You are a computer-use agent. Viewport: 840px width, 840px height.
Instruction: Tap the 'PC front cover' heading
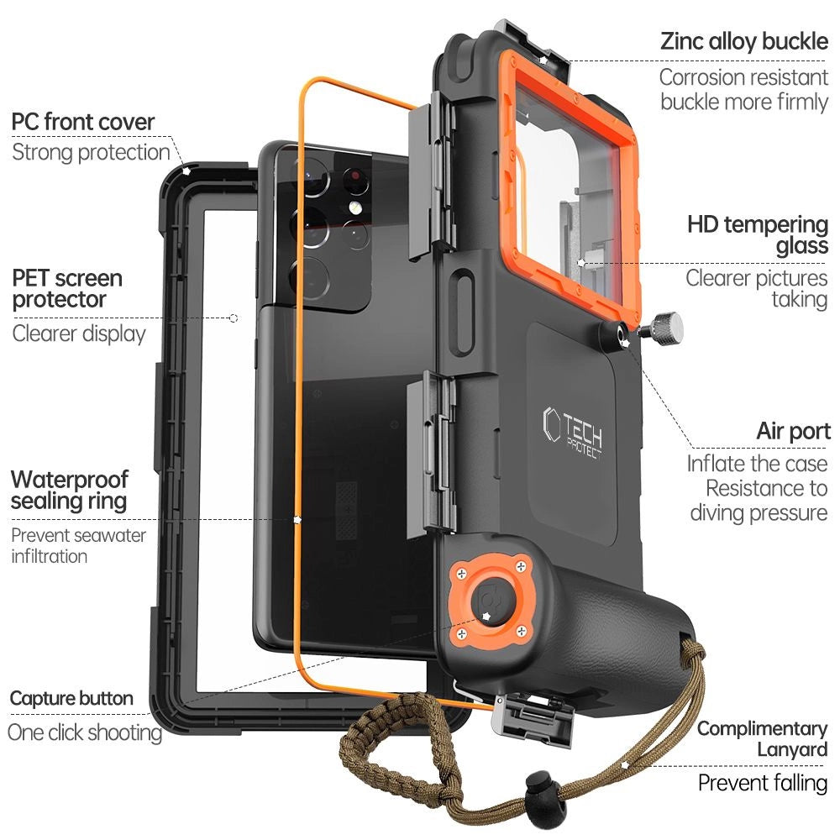(83, 122)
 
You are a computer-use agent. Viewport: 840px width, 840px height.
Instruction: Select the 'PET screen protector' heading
(67, 288)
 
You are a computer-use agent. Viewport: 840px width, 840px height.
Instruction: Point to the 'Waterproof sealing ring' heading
(70, 491)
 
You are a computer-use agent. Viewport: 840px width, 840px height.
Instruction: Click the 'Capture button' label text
(71, 698)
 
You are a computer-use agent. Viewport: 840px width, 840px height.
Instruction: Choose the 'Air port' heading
(793, 432)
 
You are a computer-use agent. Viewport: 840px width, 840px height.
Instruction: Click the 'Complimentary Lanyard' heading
(762, 739)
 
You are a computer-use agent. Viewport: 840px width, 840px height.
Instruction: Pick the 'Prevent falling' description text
(763, 784)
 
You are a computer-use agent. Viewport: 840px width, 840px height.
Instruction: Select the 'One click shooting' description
(84, 732)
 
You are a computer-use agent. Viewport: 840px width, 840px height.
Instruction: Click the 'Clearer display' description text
(79, 333)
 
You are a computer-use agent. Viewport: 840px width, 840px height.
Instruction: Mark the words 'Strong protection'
(91, 152)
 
